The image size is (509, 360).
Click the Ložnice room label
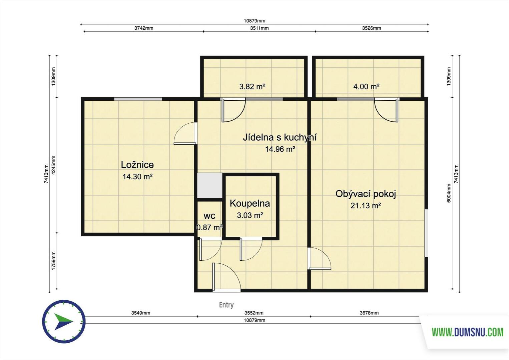click(x=137, y=165)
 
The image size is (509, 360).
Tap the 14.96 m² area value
click(x=280, y=149)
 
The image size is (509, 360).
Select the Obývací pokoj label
click(x=366, y=194)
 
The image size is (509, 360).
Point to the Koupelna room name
click(x=250, y=204)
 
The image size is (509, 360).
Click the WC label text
click(x=209, y=216)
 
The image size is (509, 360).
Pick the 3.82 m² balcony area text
click(x=252, y=87)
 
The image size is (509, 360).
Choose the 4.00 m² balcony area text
click(x=366, y=87)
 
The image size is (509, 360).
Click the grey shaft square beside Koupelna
click(x=209, y=185)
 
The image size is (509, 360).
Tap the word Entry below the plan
click(x=226, y=305)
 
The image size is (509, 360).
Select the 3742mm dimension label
click(x=144, y=28)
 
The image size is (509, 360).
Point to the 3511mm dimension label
click(x=259, y=28)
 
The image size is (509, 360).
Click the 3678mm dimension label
click(x=369, y=313)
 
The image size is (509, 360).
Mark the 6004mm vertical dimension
click(x=449, y=193)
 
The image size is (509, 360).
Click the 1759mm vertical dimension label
click(x=53, y=261)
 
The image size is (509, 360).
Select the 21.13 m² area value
click(x=366, y=206)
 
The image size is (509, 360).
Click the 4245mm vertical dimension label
click(x=53, y=165)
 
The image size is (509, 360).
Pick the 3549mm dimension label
click(x=141, y=313)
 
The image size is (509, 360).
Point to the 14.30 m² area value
click(x=137, y=177)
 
